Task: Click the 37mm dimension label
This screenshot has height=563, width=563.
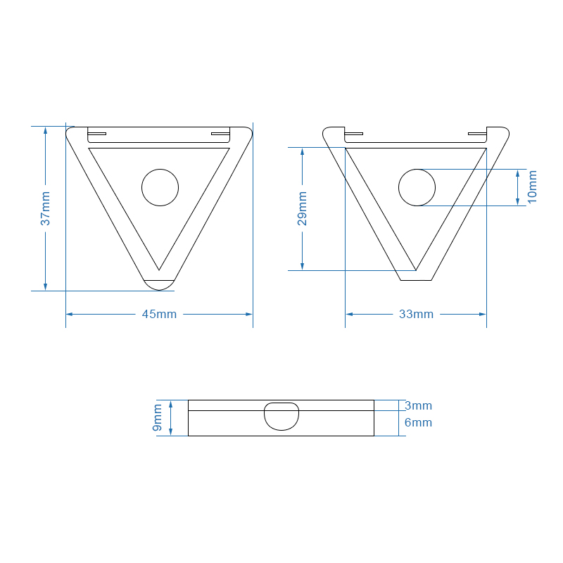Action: [x=45, y=208]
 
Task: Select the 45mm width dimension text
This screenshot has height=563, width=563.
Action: [x=160, y=314]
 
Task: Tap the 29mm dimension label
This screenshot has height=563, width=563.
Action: [x=303, y=208]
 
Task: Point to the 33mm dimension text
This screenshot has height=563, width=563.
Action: [x=417, y=314]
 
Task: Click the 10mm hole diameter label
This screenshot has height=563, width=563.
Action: [x=532, y=186]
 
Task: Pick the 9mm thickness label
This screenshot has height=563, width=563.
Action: [x=157, y=417]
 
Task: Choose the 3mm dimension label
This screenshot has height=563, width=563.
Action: [x=418, y=405]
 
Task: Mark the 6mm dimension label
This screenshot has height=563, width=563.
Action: [x=418, y=422]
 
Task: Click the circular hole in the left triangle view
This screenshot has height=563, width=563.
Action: [x=160, y=187]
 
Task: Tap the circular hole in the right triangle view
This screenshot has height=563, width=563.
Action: [x=417, y=187]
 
